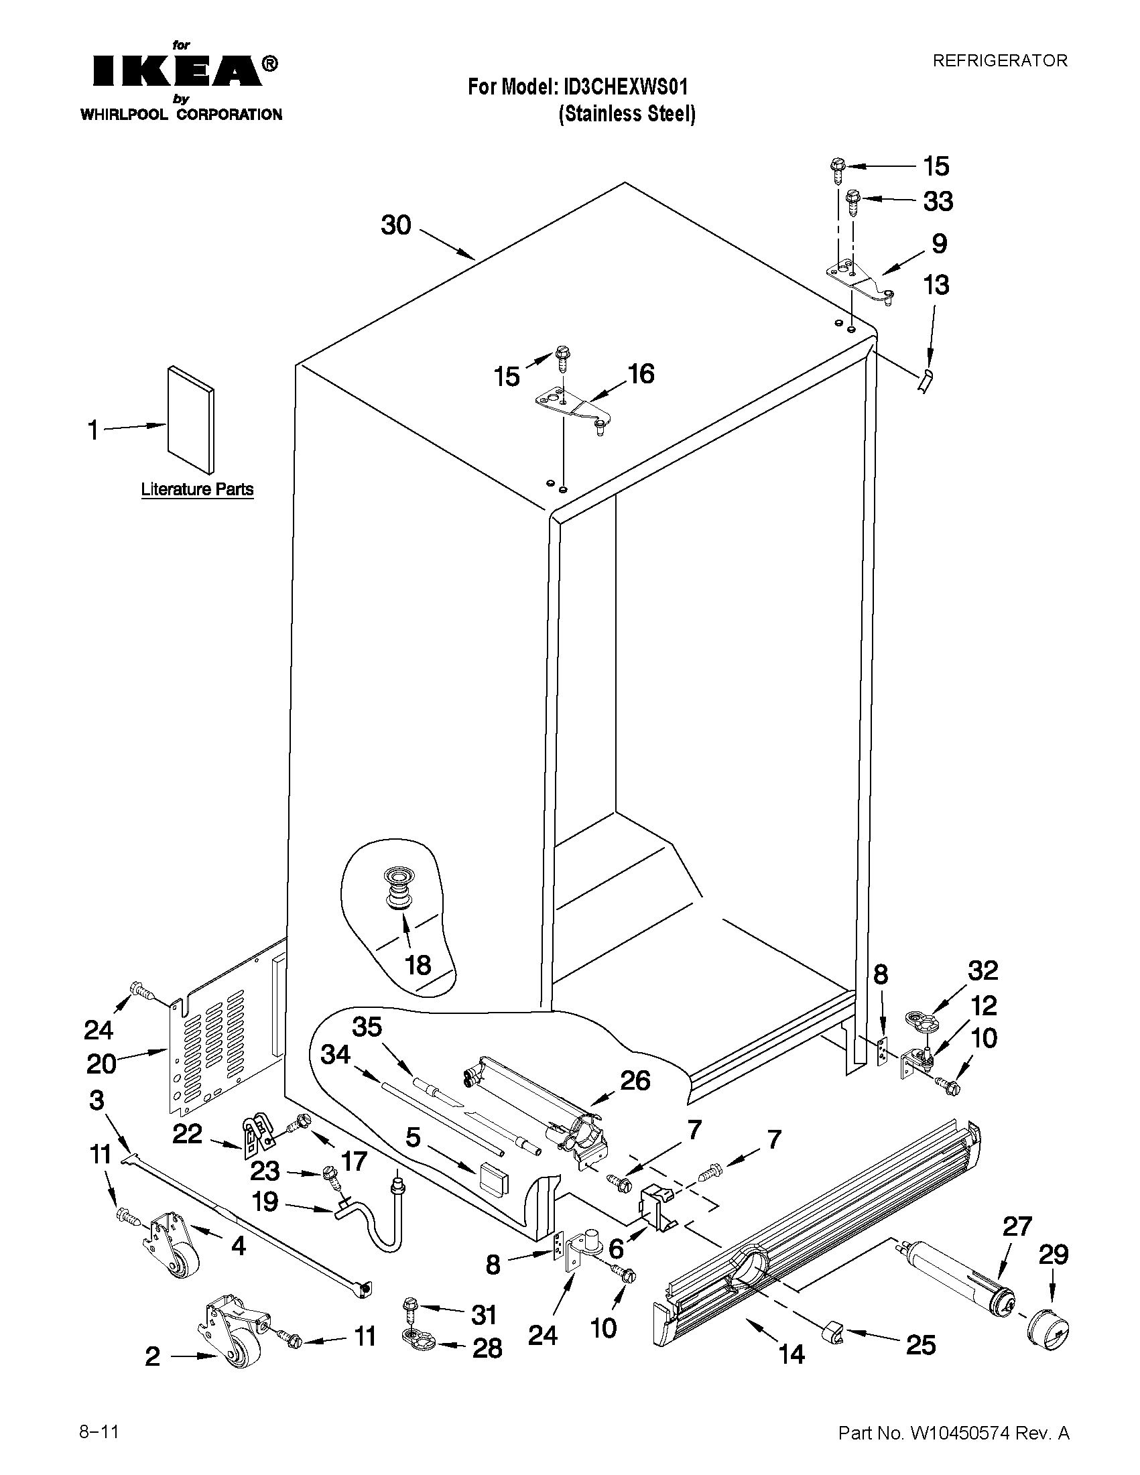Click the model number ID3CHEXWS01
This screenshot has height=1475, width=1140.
621,87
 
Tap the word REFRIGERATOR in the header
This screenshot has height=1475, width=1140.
999,61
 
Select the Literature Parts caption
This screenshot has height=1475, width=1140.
197,489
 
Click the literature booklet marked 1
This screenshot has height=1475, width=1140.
190,420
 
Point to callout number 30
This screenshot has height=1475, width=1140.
396,226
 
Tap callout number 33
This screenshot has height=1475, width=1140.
938,201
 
